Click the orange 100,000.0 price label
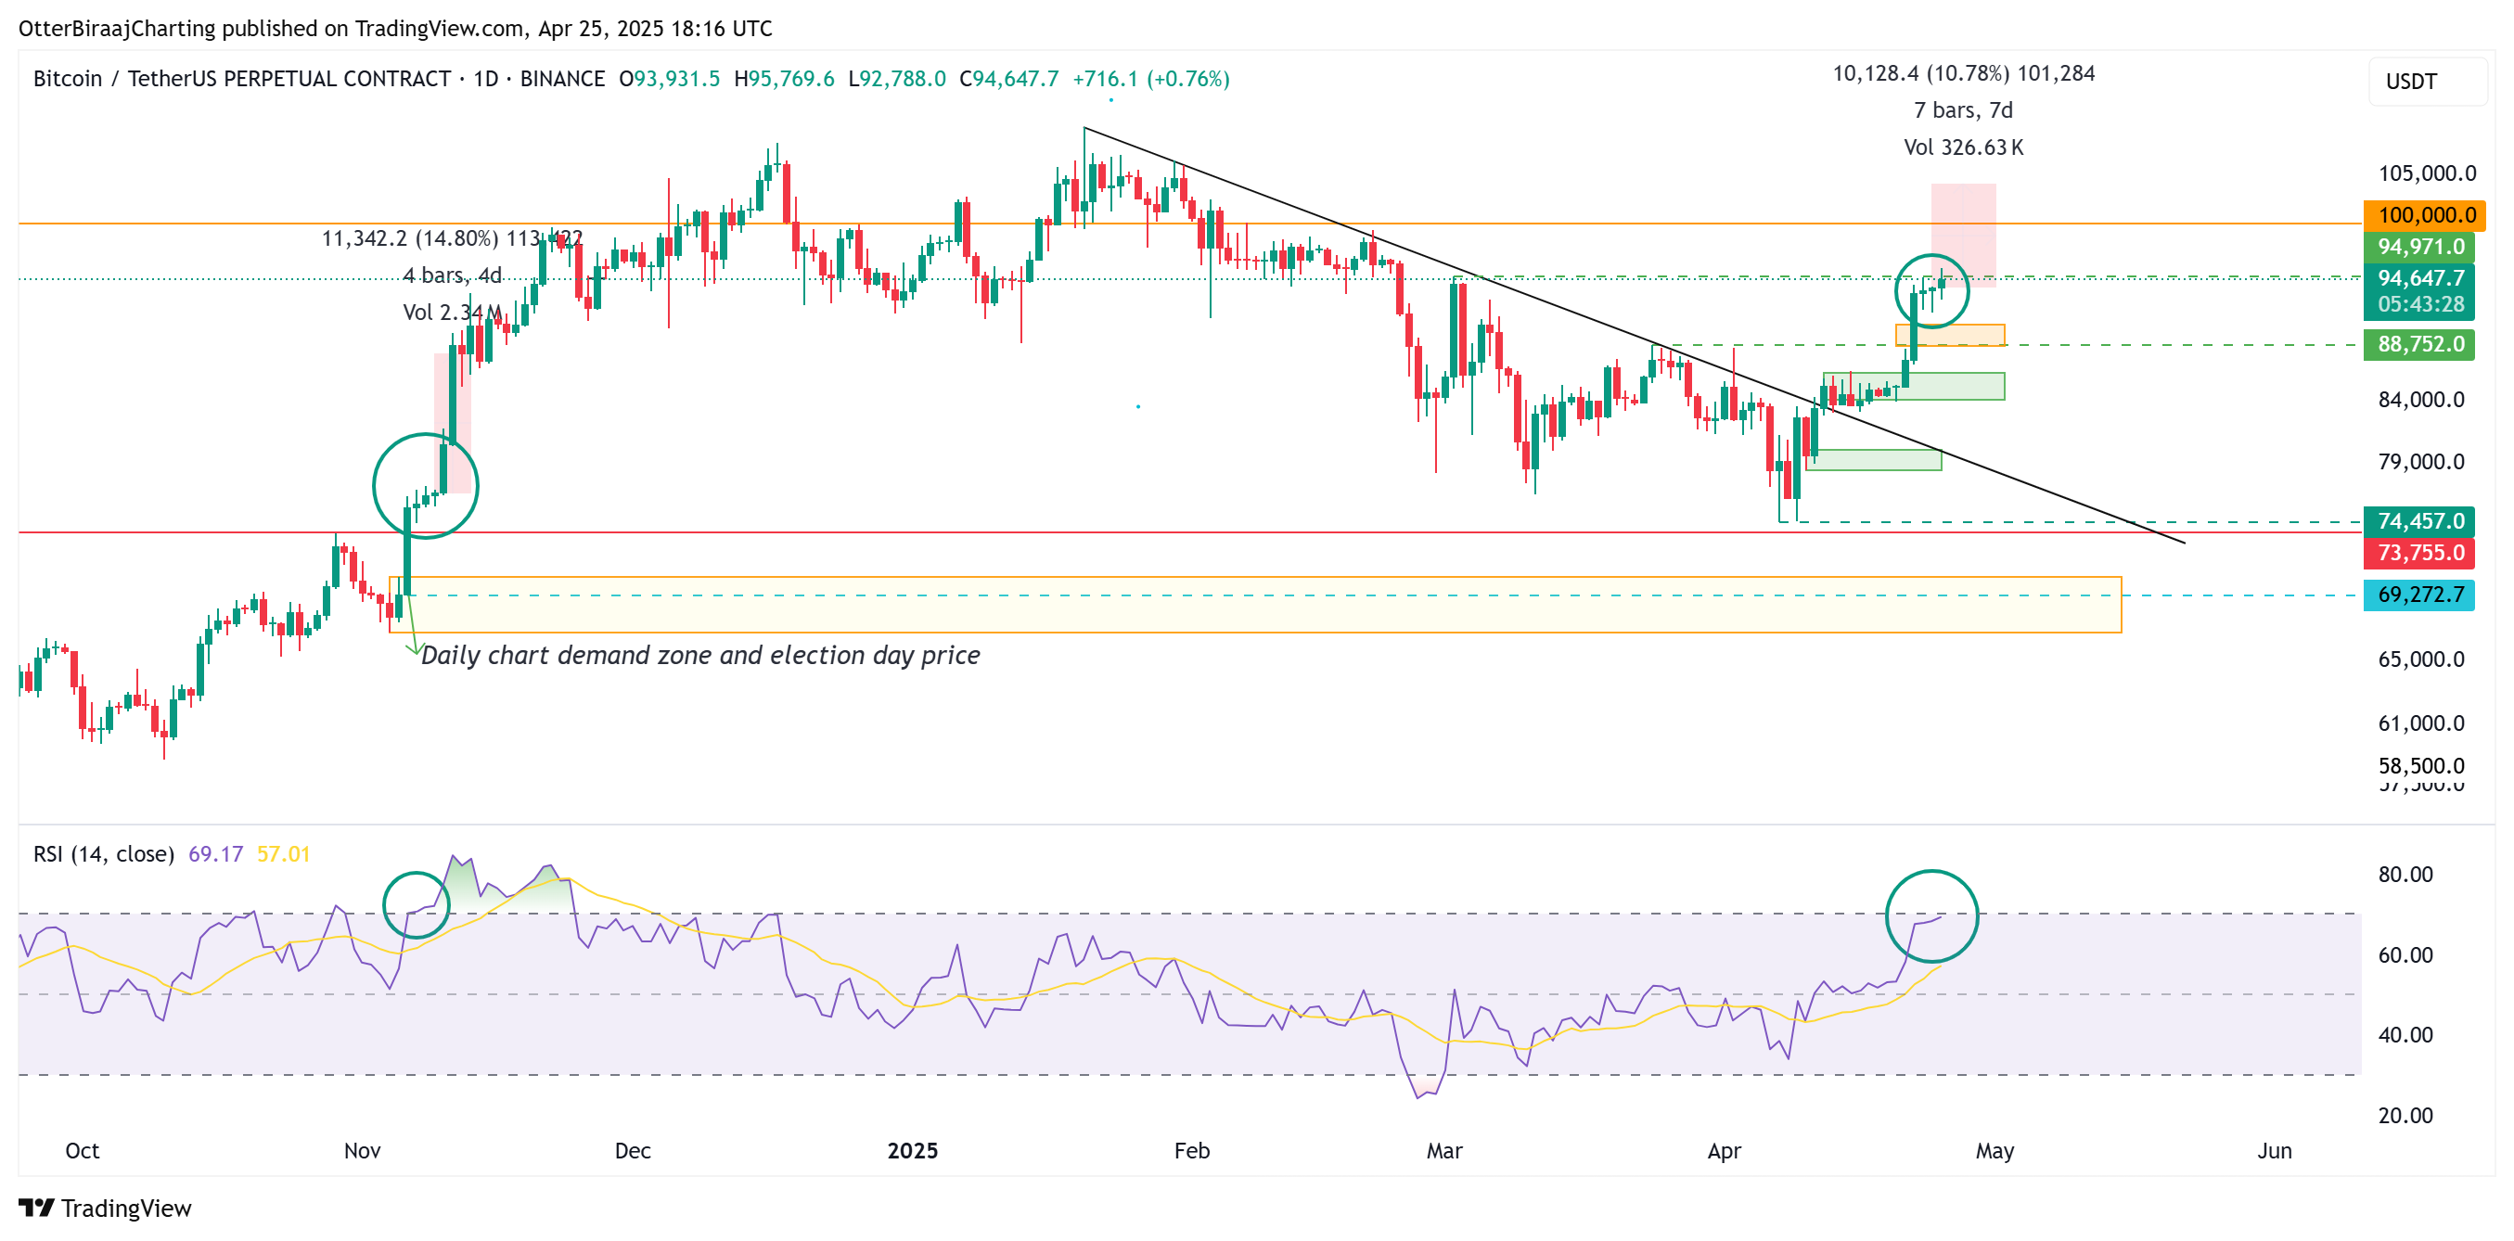tap(2424, 214)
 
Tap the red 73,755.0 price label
tap(2419, 553)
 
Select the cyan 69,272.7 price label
tap(2419, 595)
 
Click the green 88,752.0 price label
tap(2419, 344)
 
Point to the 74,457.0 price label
tap(2419, 521)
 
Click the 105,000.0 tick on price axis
tap(2426, 173)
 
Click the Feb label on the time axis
tap(1192, 1150)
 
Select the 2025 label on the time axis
tap(912, 1150)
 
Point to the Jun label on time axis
tap(2274, 1150)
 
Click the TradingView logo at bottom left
tap(106, 1208)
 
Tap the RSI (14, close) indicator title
tap(104, 853)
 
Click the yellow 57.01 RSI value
tap(283, 853)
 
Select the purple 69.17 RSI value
tap(214, 853)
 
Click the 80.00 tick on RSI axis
tap(2405, 874)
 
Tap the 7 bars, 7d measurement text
tap(1963, 110)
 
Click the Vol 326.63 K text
tap(1963, 147)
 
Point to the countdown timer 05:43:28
tap(2420, 304)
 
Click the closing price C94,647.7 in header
tap(1008, 79)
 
